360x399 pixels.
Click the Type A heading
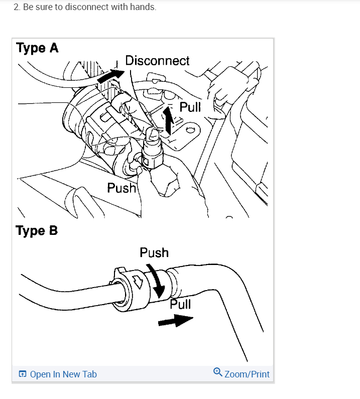click(x=37, y=48)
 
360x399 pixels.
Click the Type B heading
click(x=37, y=231)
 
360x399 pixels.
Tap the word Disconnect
click(x=157, y=61)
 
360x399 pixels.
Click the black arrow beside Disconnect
click(x=109, y=76)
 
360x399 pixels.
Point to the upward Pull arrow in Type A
click(x=169, y=120)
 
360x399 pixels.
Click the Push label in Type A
click(x=122, y=188)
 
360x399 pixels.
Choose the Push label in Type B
click(x=154, y=252)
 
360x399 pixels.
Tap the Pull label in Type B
click(x=180, y=304)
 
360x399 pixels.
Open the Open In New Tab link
click(x=63, y=374)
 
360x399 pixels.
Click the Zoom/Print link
click(x=247, y=374)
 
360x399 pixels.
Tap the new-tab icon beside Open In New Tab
click(x=22, y=374)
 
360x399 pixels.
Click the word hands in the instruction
click(x=142, y=8)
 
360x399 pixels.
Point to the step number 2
click(x=16, y=8)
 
